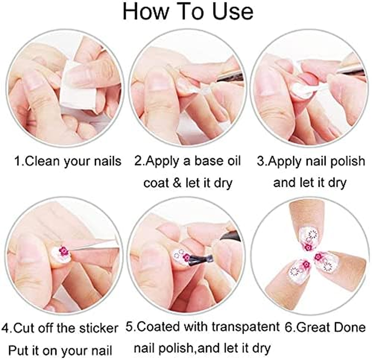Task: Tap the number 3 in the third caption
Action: point(260,161)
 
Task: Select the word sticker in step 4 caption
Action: point(96,327)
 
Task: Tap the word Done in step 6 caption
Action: point(349,327)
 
